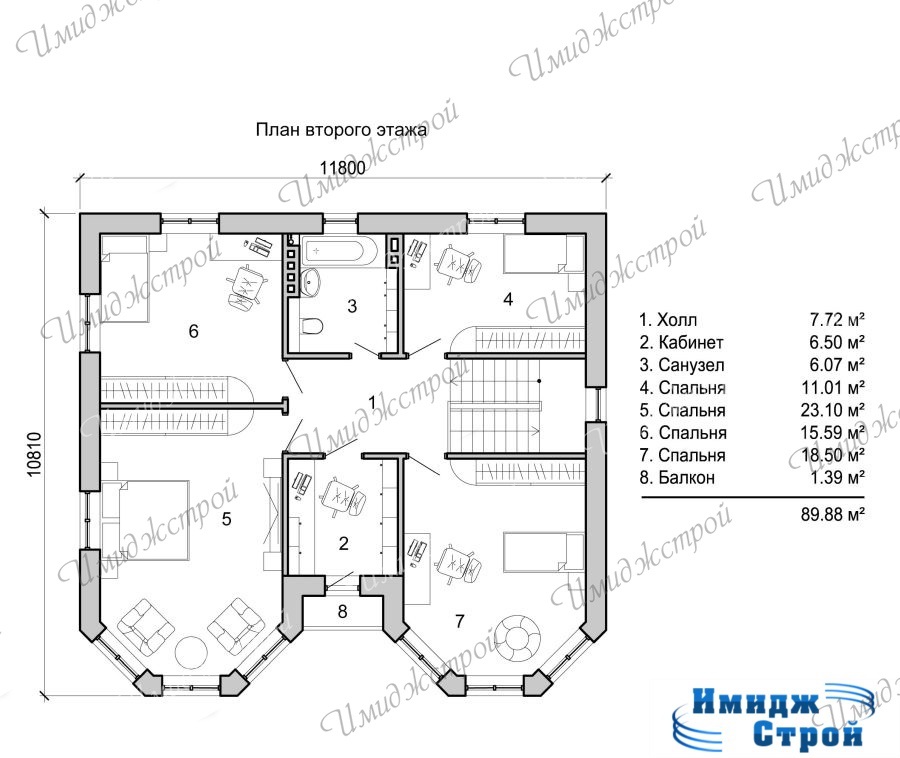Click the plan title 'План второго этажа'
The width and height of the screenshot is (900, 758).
pos(341,130)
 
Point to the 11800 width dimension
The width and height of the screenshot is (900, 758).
pos(342,168)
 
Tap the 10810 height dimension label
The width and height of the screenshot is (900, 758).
pos(34,454)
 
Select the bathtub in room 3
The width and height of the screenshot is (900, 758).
pos(340,252)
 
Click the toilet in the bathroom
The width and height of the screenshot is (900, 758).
pos(312,326)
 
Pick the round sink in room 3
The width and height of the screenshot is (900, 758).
pos(311,282)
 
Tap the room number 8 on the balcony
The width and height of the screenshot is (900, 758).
pos(343,612)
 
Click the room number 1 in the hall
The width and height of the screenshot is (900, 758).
pos(372,403)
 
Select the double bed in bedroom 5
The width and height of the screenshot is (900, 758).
pos(146,520)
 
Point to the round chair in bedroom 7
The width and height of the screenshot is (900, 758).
pos(519,638)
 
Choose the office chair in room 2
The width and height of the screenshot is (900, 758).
pos(342,497)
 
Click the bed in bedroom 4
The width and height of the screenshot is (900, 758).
pos(544,254)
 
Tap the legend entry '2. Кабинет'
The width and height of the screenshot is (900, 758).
pos(681,343)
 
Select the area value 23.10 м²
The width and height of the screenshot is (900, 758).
pos(832,410)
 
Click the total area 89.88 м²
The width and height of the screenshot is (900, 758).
pos(832,514)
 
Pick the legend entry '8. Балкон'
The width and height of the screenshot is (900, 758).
pos(677,477)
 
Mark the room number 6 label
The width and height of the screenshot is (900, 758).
pos(193,331)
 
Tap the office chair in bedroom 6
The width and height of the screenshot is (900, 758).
pos(247,286)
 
